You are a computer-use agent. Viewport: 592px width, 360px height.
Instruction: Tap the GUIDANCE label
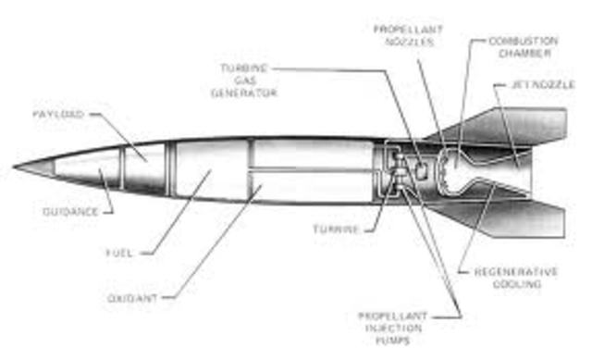point(70,212)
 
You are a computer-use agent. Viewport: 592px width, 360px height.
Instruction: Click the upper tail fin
point(518,124)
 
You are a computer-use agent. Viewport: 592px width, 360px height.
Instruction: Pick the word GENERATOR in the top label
point(245,93)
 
